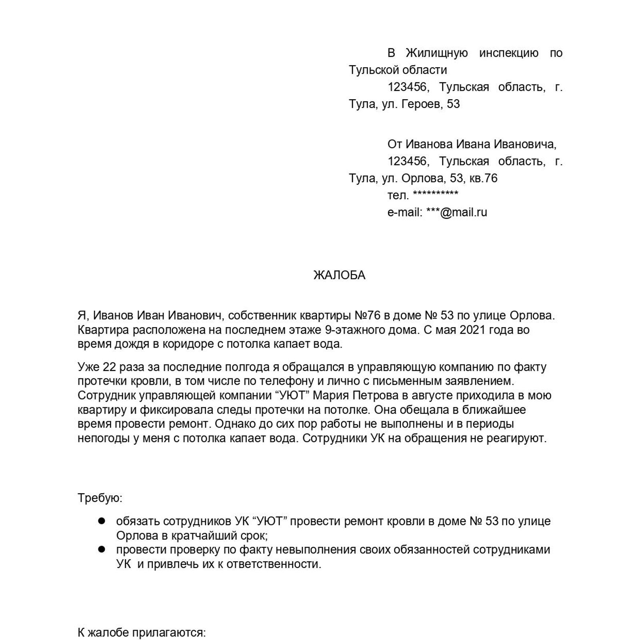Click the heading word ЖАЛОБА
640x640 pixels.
339,275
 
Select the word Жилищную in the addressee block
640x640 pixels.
437,53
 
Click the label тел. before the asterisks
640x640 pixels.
398,195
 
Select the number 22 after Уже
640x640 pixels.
109,367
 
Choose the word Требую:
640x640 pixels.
100,498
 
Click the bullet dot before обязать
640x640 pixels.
102,521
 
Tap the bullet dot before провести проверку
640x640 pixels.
102,549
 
